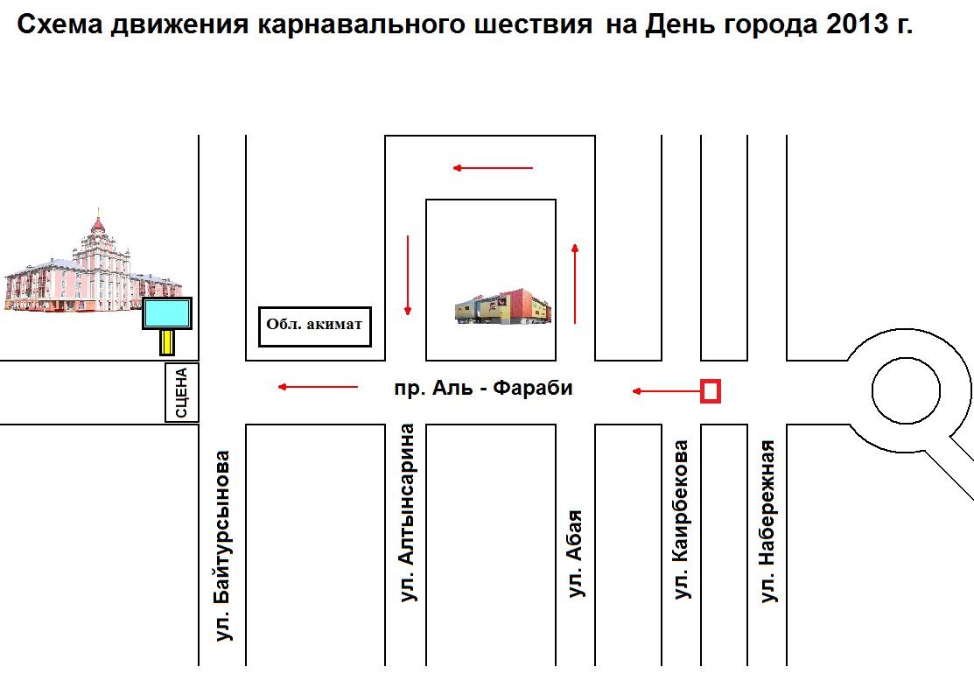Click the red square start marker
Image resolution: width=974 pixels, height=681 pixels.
711,391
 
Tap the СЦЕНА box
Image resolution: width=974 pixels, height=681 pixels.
181,393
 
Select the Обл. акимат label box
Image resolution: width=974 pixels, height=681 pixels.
315,326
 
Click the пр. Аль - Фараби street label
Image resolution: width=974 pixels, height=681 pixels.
483,389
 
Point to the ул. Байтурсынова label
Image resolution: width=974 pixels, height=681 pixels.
221,545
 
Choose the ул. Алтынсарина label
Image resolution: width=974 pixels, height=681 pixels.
407,513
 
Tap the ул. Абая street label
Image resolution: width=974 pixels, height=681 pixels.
576,553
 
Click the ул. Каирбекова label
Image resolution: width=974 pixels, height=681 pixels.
682,519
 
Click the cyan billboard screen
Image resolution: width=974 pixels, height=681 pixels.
167,313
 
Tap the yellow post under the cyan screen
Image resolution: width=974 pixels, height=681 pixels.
167,341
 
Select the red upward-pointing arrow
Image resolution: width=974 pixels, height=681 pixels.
575,284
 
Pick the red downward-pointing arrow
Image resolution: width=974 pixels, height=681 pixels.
408,275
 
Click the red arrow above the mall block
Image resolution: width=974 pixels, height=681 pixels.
493,168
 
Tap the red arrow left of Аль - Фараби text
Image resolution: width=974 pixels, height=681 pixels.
318,387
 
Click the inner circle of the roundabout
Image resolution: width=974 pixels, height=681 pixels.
907,390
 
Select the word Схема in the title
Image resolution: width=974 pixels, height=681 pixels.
60,25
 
